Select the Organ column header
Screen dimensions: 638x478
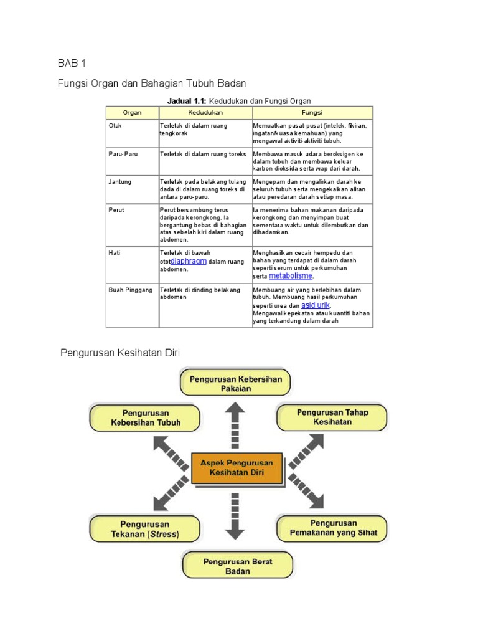132,113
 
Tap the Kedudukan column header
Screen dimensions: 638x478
205,113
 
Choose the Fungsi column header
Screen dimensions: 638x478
312,113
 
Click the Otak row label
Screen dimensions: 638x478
115,125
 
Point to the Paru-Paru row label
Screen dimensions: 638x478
123,154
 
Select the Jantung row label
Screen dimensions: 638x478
119,182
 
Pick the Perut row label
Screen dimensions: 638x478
116,210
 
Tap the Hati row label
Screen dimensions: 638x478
115,253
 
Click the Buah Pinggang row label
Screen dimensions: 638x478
130,290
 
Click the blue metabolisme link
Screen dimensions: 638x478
291,275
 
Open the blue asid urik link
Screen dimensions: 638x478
315,306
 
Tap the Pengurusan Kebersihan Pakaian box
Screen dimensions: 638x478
235,383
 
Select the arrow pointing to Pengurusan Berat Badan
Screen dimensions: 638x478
235,516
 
